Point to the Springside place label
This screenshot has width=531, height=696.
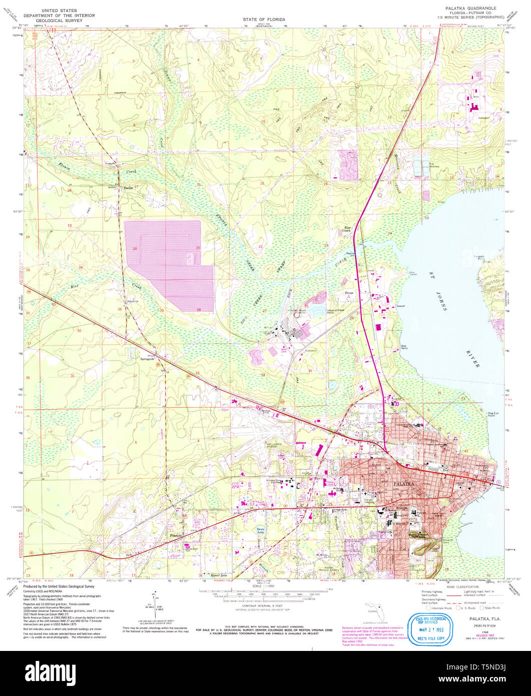coord(147,359)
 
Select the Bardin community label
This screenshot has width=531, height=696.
coord(128,188)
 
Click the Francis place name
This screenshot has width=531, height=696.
coord(176,535)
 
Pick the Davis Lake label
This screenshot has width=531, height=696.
coord(260,530)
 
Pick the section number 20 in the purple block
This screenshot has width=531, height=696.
coord(135,248)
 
